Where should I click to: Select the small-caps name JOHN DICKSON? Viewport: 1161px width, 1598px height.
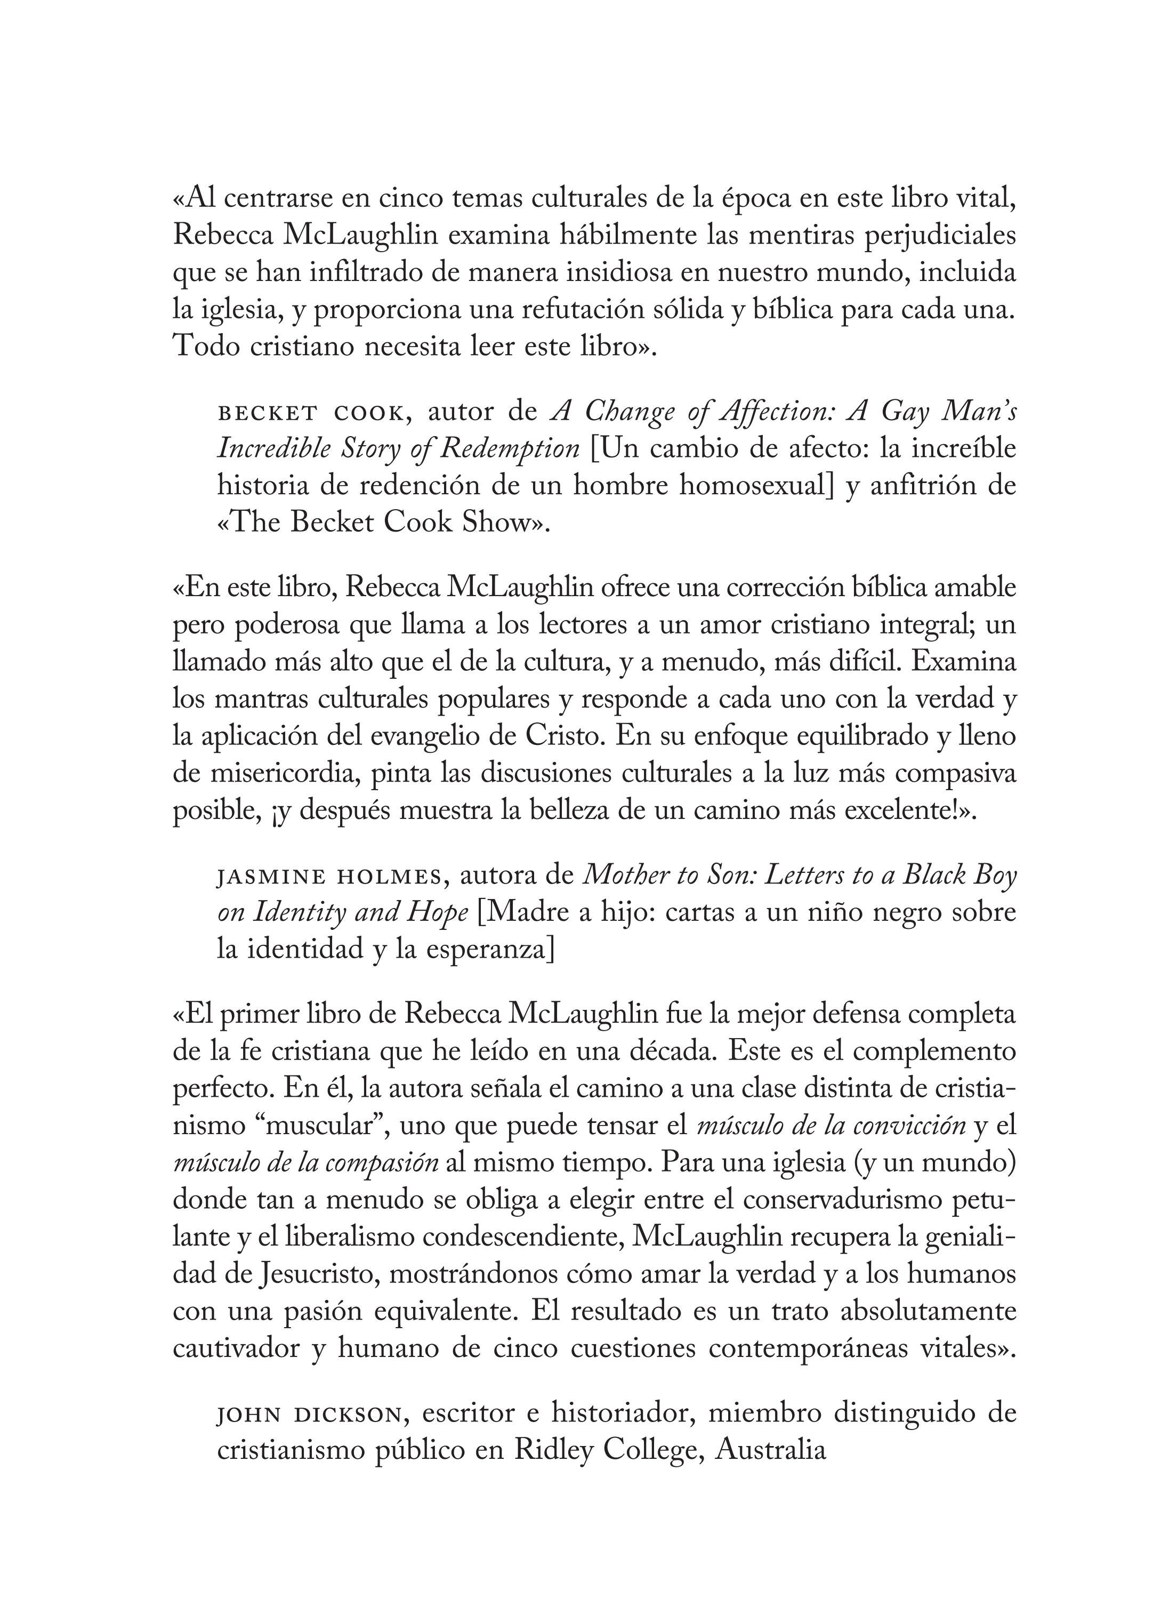[x=309, y=1414]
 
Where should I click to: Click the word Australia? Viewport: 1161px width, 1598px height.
[x=771, y=1450]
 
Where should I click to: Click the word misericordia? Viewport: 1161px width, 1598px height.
[x=277, y=773]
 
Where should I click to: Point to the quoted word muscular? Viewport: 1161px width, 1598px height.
[x=326, y=1126]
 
